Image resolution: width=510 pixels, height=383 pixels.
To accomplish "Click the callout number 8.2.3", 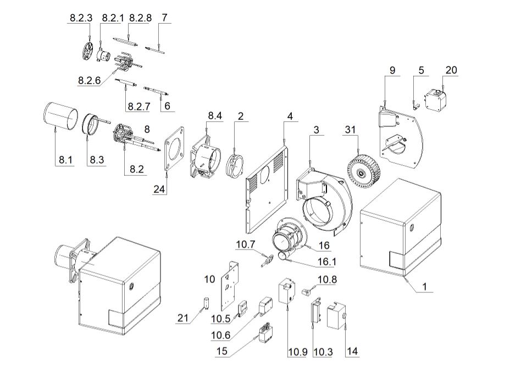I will pos(81,18).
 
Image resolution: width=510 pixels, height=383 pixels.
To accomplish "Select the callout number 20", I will pos(451,70).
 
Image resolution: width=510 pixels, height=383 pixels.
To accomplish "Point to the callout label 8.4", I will pos(215,116).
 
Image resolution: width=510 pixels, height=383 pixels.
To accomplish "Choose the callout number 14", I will pos(351,352).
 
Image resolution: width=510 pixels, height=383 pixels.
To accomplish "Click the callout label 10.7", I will pos(246,243).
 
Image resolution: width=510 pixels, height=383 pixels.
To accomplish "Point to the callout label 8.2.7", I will pos(138,106).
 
